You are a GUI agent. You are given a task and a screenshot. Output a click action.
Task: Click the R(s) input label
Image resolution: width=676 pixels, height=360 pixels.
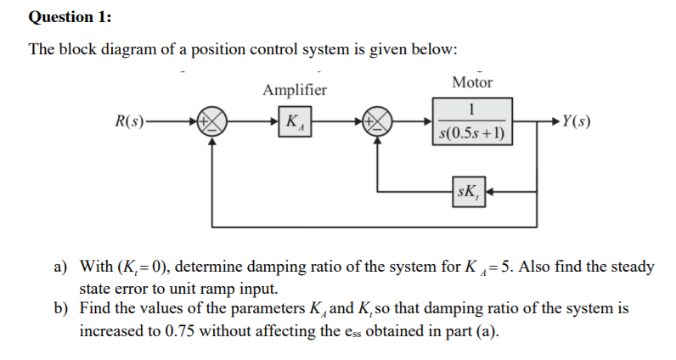(132, 121)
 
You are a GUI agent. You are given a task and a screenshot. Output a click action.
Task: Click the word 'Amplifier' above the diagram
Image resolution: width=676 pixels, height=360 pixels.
(295, 90)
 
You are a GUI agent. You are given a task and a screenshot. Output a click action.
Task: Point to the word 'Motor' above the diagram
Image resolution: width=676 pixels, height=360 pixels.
(472, 82)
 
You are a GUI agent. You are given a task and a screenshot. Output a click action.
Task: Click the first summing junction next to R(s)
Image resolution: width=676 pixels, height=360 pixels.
(212, 121)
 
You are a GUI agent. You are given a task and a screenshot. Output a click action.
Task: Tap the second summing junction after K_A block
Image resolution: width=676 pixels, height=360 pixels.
(378, 121)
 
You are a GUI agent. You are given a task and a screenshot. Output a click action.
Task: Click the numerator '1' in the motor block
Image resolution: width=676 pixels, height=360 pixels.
(472, 109)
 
